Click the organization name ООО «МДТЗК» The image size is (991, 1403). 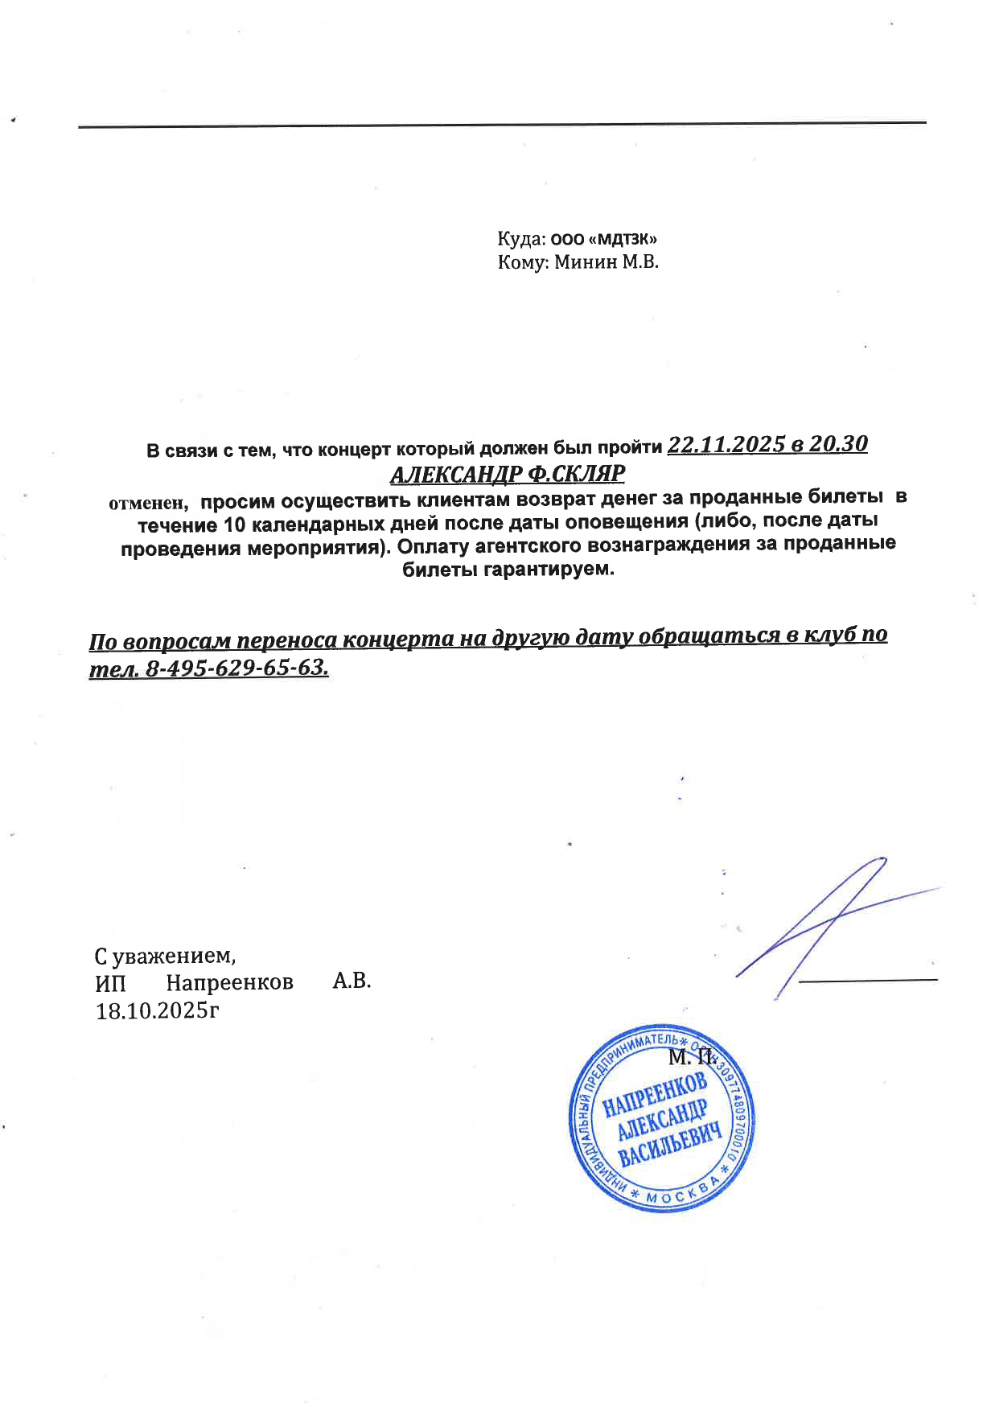604,239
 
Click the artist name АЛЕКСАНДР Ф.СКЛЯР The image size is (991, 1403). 508,473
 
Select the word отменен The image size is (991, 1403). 148,503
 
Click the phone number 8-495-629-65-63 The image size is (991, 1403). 236,668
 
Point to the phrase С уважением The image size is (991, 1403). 165,956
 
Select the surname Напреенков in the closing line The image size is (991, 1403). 229,982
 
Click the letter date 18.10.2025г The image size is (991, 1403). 158,1010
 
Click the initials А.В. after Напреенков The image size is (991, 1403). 352,981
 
